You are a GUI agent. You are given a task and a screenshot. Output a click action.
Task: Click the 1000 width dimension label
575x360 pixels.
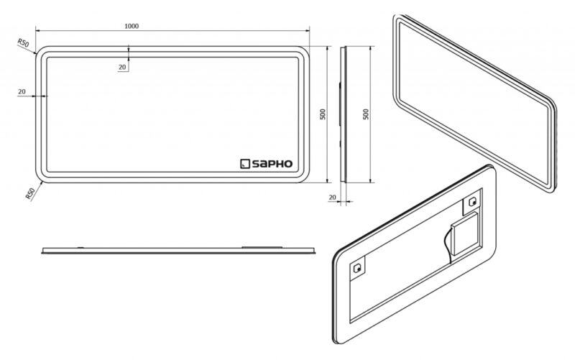pos(132,26)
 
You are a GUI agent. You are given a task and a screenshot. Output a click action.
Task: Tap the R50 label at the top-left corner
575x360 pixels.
pos(23,42)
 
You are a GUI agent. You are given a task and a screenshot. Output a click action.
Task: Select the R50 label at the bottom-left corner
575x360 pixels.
pos(30,193)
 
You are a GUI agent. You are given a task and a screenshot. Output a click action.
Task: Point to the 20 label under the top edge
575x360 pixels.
pos(122,67)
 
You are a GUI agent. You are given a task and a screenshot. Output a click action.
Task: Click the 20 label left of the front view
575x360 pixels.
pos(22,91)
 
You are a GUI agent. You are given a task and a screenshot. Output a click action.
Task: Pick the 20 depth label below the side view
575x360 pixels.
pos(332,197)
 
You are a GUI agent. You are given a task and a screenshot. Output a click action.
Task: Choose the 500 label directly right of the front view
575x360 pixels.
pos(323,114)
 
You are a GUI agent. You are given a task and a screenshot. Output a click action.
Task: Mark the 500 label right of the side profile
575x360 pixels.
pos(366,114)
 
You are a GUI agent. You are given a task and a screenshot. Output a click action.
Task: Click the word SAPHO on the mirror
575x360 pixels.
pos(272,164)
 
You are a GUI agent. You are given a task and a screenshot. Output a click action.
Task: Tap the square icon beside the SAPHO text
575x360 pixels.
pos(245,164)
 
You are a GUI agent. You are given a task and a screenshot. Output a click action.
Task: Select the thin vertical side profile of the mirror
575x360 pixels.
pos(343,114)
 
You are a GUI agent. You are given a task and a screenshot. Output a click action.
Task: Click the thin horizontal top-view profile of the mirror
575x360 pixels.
pos(178,250)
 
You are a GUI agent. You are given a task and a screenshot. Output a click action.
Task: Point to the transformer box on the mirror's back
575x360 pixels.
pos(464,235)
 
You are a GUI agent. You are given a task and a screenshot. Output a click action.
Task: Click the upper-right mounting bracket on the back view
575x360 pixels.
pos(471,202)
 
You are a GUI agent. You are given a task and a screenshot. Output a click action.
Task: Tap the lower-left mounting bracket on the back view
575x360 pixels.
pos(357,269)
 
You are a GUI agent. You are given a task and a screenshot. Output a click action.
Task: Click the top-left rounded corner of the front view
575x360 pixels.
pos(41,52)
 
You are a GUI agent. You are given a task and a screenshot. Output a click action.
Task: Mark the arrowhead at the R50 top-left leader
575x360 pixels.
pos(34,52)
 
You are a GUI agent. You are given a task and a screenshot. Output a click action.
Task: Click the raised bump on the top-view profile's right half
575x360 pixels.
pos(262,247)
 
